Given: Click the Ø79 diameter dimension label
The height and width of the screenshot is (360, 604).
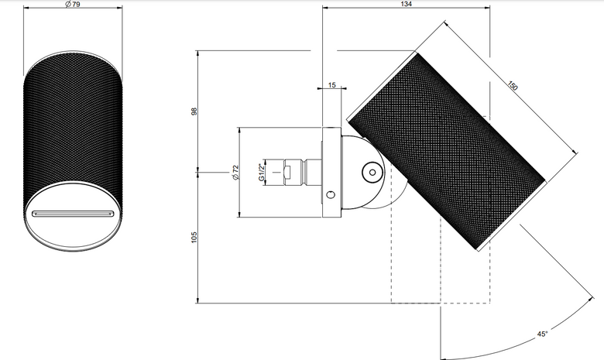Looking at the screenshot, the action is (73, 4).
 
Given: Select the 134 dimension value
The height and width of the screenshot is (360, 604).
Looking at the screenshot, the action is (406, 4).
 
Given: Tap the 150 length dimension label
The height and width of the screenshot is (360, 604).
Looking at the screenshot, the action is (512, 85).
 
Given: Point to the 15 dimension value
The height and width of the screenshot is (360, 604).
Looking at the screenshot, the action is (332, 84).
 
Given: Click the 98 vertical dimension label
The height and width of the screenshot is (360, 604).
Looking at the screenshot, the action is (194, 111).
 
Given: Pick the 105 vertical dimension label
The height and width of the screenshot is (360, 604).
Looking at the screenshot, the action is (194, 237).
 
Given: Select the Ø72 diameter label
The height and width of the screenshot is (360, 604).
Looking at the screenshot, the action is (235, 172).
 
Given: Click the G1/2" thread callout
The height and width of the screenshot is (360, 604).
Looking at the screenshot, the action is (262, 172).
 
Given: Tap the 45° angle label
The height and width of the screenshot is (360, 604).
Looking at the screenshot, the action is (542, 334).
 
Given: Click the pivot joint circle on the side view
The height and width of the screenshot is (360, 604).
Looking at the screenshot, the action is (372, 173).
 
